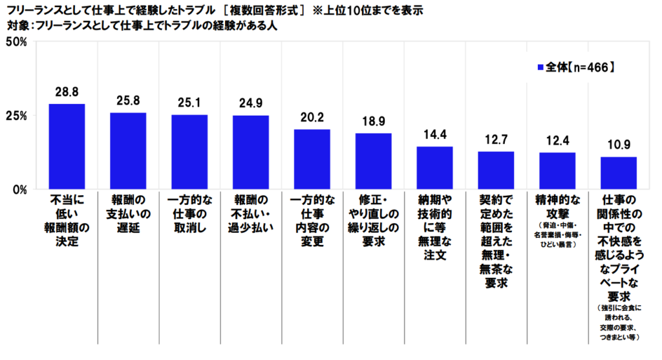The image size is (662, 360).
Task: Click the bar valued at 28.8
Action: click(x=67, y=147)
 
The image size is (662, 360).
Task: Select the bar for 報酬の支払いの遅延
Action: click(x=128, y=151)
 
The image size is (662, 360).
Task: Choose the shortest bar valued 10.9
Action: click(x=618, y=173)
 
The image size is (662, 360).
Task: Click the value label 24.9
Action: click(x=251, y=103)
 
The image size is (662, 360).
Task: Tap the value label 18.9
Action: click(x=373, y=121)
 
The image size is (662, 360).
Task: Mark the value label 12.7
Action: click(x=495, y=139)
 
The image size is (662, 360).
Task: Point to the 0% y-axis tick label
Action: click(x=17, y=189)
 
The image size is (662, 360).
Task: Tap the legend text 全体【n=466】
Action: click(x=575, y=67)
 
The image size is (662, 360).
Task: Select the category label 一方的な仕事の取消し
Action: click(x=189, y=214)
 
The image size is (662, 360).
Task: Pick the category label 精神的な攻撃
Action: click(x=557, y=207)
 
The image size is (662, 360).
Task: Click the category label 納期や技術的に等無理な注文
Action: click(x=434, y=228)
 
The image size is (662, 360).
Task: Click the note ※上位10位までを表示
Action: click(x=369, y=11)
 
